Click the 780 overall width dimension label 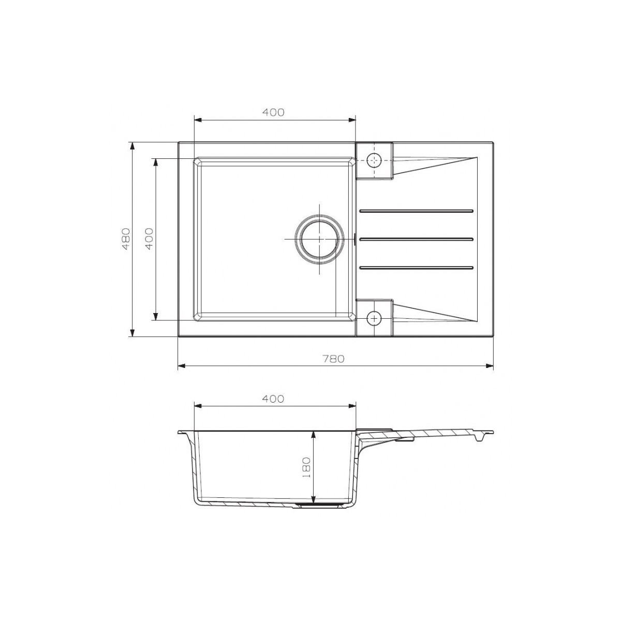click(x=334, y=359)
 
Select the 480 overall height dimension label click(x=126, y=239)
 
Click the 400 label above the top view click(x=273, y=112)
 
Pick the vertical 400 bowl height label click(x=149, y=239)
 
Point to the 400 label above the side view click(x=273, y=398)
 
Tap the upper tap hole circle click(x=374, y=160)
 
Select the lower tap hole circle click(x=374, y=318)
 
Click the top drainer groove click(x=416, y=211)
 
